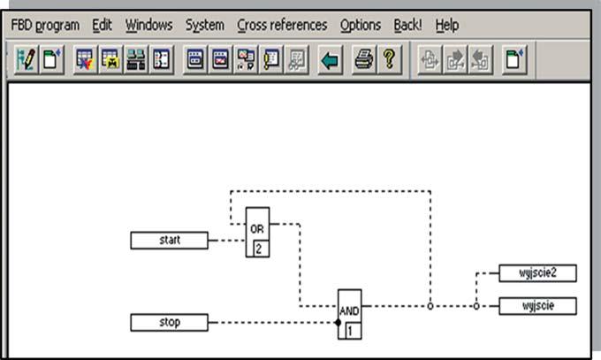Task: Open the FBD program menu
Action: click(45, 26)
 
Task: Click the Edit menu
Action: click(102, 26)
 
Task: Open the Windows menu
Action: click(149, 26)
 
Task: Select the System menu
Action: click(205, 26)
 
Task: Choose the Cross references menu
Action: click(282, 26)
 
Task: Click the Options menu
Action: click(361, 26)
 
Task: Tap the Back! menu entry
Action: click(408, 26)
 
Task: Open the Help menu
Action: click(447, 26)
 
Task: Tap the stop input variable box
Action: click(170, 322)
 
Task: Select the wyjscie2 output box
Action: click(537, 272)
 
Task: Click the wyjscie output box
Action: click(537, 306)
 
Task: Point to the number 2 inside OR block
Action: click(258, 249)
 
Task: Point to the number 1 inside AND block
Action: click(350, 332)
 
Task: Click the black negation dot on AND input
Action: click(337, 323)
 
